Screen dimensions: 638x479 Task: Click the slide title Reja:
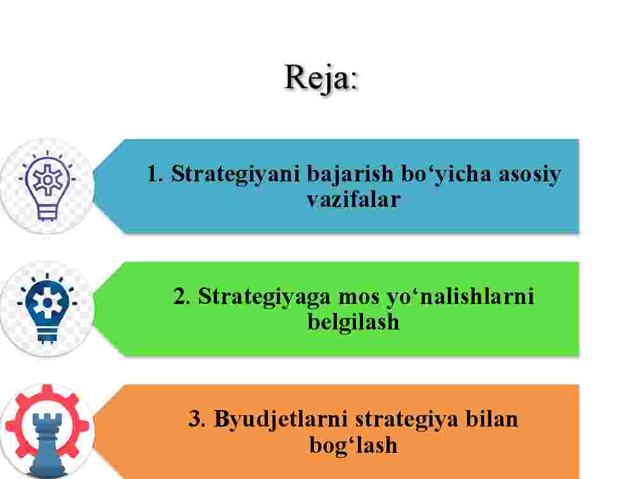321,78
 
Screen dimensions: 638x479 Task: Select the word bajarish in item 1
350,175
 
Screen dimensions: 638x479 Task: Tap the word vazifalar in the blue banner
353,200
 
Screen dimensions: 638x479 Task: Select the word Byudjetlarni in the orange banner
281,420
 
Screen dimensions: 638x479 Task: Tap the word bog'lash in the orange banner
353,445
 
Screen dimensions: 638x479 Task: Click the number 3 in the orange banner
197,419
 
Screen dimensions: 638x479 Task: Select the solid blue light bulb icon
47,308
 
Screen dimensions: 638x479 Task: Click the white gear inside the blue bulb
47,303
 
